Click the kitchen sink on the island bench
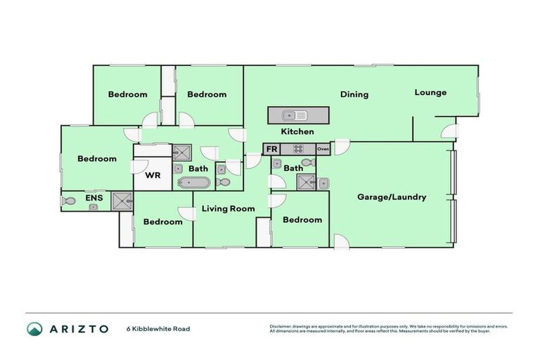tap(294, 115)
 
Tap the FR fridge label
tap(271, 149)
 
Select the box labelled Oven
tap(323, 149)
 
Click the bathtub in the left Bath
tap(193, 183)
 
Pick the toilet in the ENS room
tap(68, 201)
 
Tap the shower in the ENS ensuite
tap(121, 200)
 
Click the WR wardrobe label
tap(153, 176)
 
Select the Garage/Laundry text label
tap(391, 197)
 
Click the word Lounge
tap(430, 92)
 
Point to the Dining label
tap(354, 94)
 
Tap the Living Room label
tap(228, 208)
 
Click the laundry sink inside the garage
tap(323, 184)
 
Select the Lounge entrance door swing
tap(448, 131)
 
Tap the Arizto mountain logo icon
tap(34, 328)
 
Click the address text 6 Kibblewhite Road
tap(157, 328)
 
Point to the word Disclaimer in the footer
tap(281, 326)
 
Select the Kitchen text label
tap(297, 131)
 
